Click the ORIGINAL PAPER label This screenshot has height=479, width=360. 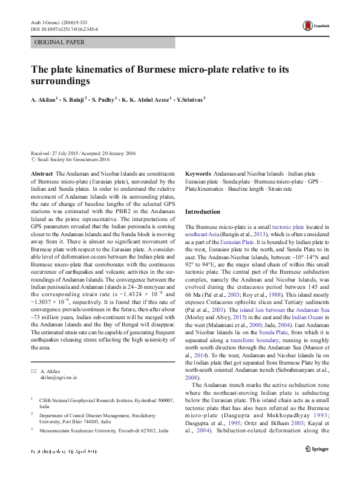click(59, 42)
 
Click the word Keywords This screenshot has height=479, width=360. click(198, 173)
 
